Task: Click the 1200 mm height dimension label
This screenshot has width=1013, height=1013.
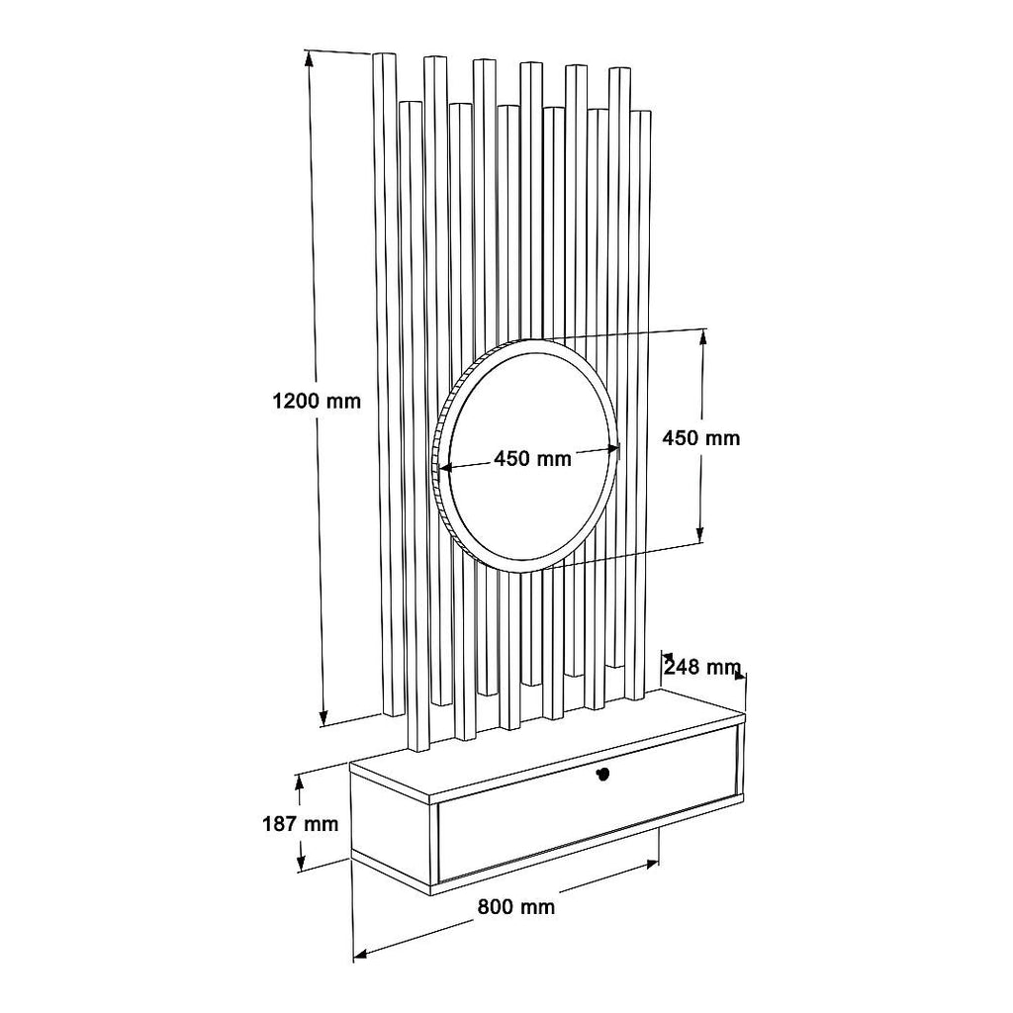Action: coord(317,402)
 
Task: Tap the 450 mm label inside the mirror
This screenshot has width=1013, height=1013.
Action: coord(532,459)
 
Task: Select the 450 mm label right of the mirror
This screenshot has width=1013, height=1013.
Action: coord(701,438)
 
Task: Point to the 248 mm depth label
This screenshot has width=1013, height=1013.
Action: coord(702,666)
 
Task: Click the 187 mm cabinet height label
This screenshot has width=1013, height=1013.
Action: coord(301,824)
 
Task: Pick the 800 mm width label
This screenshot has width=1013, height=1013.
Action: coord(516,907)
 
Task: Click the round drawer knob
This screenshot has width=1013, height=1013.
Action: coord(602,774)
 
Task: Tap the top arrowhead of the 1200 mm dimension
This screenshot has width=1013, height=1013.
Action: coord(310,58)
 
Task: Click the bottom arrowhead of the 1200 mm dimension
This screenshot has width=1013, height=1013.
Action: coord(323,718)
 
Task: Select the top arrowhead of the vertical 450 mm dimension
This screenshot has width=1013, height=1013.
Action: coord(702,338)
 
